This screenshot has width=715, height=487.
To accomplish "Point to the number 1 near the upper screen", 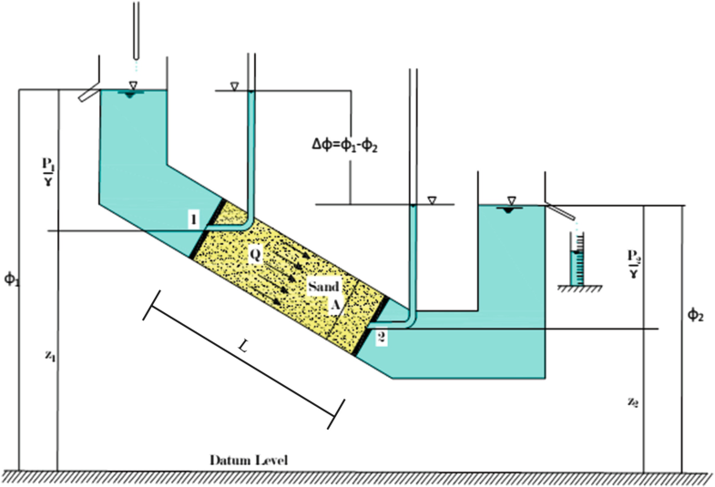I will (194, 218).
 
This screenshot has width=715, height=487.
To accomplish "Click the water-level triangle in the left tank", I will (133, 87).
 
